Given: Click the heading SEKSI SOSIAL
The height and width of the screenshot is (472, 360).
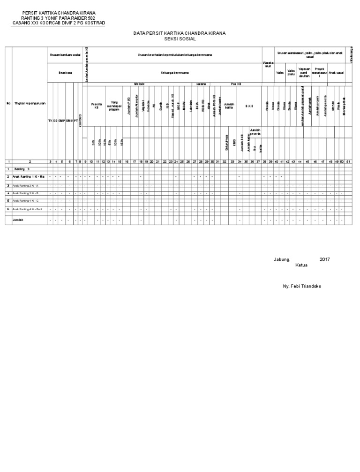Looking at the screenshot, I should pos(180,39).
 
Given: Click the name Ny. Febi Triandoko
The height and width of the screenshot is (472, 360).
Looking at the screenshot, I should pos(302,286).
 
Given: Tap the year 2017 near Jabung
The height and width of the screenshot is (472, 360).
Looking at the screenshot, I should pos(325,259).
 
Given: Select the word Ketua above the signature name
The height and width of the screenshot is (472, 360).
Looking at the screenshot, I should pos(301,265).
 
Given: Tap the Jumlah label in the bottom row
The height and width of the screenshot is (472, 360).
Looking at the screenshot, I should pos(18,219).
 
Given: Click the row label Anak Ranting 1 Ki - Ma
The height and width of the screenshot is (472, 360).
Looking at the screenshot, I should pos(29,176).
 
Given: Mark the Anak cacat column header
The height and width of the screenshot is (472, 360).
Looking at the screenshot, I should pos(336,73).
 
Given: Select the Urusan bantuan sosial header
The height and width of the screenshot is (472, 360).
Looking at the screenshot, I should pos(65,55).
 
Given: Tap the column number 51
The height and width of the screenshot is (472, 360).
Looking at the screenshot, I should pos(348,161).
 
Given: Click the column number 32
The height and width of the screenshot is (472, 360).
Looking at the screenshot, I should pos(225,161).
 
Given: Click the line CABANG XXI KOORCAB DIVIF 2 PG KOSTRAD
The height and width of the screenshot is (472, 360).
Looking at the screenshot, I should pos(58,23).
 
